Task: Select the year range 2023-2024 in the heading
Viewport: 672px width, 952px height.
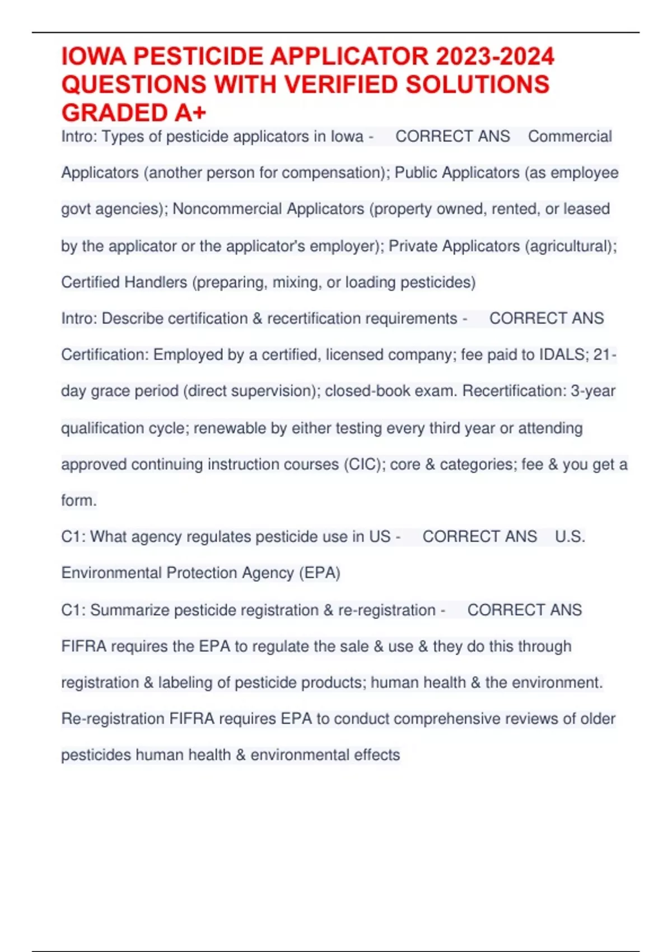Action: tap(494, 57)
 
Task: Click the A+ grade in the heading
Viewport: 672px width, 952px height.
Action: tap(190, 113)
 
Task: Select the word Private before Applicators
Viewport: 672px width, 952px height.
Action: tap(413, 246)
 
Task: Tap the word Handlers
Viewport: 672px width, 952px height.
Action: tap(156, 282)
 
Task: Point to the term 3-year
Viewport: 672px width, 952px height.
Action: tap(593, 391)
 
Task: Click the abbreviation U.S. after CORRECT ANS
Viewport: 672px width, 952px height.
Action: tap(570, 536)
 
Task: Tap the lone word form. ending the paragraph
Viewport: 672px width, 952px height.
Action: tap(79, 500)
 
